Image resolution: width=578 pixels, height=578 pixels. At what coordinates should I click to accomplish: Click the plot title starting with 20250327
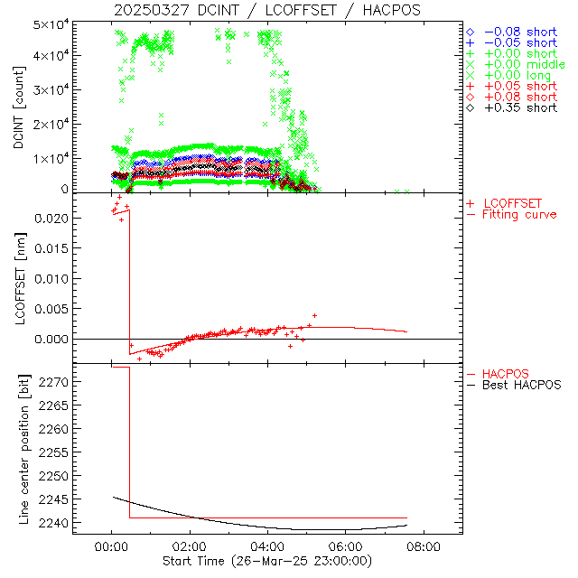[x=266, y=9]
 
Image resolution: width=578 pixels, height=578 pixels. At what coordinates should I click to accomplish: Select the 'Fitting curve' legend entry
[x=519, y=214]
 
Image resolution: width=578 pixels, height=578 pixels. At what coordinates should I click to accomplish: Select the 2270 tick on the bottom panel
[x=54, y=383]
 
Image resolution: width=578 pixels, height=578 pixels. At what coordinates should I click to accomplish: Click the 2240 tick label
[x=54, y=523]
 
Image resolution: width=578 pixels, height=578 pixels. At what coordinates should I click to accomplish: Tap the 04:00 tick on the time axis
[x=267, y=546]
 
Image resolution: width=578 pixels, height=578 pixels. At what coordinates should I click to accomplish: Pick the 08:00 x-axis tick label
[x=424, y=546]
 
